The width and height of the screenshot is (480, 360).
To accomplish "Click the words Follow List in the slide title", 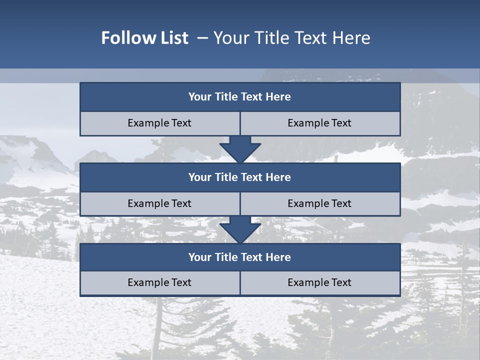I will click(x=144, y=38).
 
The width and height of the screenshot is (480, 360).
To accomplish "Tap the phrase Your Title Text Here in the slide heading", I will click(x=291, y=38).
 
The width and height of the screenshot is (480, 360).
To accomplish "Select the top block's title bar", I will click(x=240, y=97).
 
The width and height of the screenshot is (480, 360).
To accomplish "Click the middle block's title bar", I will click(x=240, y=177).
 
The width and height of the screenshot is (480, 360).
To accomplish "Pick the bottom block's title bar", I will click(x=240, y=257).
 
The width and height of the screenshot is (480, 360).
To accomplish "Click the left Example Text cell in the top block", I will click(x=159, y=123).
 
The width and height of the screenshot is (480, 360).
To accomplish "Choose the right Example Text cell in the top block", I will click(x=319, y=123).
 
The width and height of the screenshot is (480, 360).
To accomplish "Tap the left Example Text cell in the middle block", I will click(x=159, y=204).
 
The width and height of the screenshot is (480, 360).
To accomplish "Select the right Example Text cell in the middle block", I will click(x=319, y=204).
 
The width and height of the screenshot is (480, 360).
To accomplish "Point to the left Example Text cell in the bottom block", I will click(x=159, y=283).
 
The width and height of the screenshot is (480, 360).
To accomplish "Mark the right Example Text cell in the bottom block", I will click(x=319, y=283).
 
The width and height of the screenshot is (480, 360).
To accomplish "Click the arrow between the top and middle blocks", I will click(x=240, y=148).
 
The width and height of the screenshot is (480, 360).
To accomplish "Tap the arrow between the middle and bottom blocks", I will click(x=240, y=229).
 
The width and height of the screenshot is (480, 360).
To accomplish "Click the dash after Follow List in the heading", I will click(x=202, y=38).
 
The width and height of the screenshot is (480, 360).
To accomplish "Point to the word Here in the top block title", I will click(x=278, y=97).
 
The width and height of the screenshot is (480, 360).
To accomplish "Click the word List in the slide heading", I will click(x=172, y=38).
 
